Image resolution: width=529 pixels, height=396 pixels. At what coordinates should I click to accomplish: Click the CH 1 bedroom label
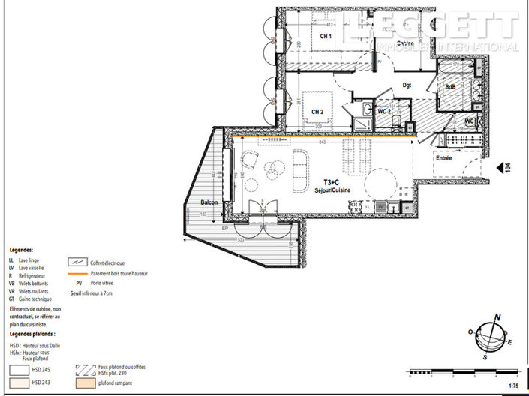326,37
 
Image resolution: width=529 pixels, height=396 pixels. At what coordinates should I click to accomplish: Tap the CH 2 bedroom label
317,112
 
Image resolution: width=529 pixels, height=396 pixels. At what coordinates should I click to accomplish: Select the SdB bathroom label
450,87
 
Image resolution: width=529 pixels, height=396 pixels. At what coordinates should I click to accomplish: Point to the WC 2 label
384,112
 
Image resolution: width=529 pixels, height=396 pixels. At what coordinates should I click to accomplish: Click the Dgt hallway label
407,85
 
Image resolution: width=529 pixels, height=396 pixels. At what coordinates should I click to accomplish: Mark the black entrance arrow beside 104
499,169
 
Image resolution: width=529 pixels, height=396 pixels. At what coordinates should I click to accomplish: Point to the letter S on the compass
487,357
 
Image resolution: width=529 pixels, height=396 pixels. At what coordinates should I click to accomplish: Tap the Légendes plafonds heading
32,333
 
